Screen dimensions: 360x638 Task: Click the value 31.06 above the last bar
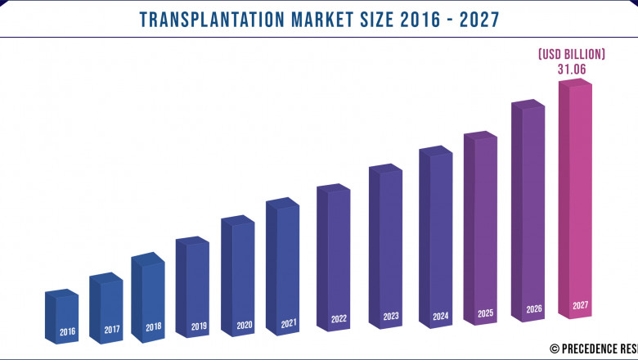[x=572, y=70]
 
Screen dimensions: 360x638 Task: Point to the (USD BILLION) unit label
[x=572, y=54]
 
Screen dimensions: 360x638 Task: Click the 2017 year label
[x=112, y=331]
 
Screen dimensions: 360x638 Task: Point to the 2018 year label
[x=154, y=327]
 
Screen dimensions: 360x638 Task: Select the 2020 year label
[x=244, y=325]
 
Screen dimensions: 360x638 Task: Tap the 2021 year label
[x=289, y=323]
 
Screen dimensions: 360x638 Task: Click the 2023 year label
[x=391, y=317]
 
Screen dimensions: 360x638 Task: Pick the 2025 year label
[x=484, y=313]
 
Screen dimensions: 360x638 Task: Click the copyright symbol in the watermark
[x=555, y=349]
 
